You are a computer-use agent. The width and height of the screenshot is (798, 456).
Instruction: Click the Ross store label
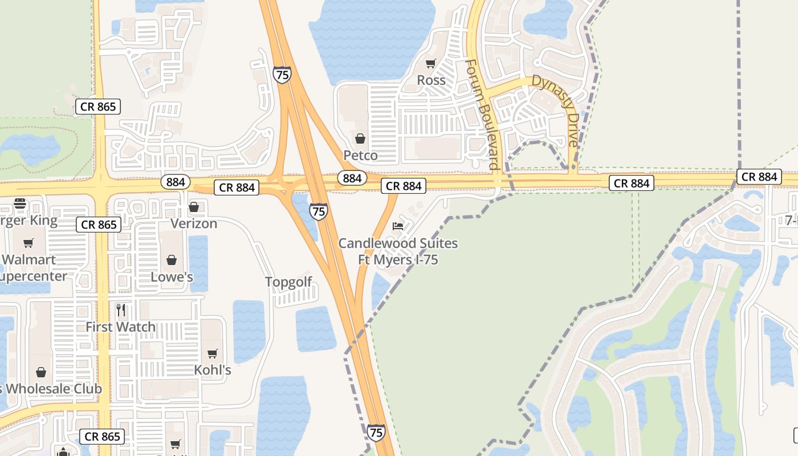[x=431, y=80]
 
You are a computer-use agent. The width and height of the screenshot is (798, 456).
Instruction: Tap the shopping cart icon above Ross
[x=431, y=63]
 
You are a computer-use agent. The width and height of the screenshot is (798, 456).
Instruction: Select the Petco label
[x=360, y=155]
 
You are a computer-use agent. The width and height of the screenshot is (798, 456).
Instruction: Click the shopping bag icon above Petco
[x=360, y=138]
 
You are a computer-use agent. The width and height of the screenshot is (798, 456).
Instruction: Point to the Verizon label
[x=194, y=223]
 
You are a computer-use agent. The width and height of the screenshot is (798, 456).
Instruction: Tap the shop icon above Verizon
[x=194, y=207]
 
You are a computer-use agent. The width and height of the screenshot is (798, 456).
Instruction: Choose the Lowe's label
[x=172, y=277]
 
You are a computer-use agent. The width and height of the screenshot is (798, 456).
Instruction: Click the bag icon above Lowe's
[x=172, y=260]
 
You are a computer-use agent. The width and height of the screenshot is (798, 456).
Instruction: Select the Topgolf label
[x=289, y=282]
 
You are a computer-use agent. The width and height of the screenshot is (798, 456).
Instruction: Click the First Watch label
[x=120, y=327]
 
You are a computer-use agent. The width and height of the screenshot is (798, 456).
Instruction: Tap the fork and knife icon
[x=120, y=310]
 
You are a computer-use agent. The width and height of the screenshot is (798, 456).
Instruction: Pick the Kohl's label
[x=213, y=370]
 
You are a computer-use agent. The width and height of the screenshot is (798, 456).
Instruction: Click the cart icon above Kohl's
[x=213, y=353]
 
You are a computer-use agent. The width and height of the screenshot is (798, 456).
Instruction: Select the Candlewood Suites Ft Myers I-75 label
[x=398, y=251]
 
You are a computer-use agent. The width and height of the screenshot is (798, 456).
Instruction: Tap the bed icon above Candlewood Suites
[x=398, y=226]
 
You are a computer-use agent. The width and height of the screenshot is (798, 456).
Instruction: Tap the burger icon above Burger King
[x=20, y=203]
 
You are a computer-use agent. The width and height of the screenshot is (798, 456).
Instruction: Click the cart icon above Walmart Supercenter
[x=28, y=243]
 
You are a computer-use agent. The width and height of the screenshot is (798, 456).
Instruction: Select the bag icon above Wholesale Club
[x=41, y=372]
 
